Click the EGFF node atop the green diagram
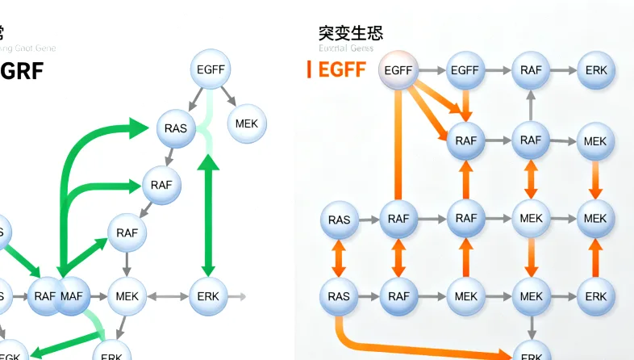(211, 70)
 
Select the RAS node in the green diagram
(175, 128)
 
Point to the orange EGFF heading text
(342, 69)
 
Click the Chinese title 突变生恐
(351, 33)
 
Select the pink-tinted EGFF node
(398, 70)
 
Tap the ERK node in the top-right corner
(596, 70)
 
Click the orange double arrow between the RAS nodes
(339, 258)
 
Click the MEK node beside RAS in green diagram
(247, 123)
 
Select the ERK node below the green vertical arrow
(208, 296)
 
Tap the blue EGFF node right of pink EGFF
(465, 70)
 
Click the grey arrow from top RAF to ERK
(563, 70)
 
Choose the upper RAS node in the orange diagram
(339, 220)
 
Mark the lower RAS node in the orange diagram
(339, 296)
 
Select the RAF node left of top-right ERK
(531, 70)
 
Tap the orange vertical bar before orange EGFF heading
(310, 69)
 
